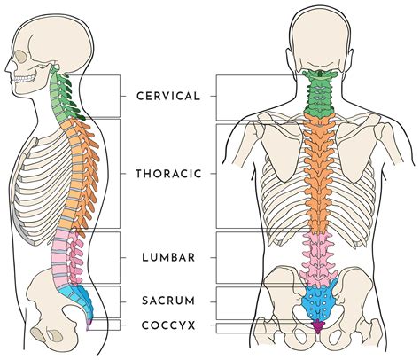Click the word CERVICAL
pos(168,97)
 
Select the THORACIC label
pos(168,174)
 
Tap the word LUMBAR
pos(168,257)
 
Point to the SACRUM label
pos(168,301)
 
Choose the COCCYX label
pos(168,325)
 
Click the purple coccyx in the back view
pos(318,326)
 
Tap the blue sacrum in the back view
pos(320,302)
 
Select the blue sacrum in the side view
pos(78,300)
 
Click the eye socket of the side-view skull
pos(20,57)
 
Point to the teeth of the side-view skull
pos(24,79)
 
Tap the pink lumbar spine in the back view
pos(318,257)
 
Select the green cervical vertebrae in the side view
pos(64,95)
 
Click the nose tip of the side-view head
pos(6,71)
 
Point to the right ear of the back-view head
pos(349,63)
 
